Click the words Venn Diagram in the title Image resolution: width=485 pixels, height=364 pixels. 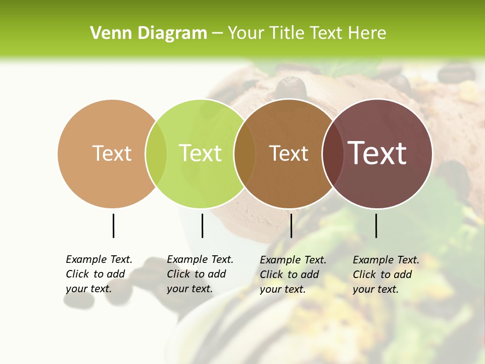pos(149,33)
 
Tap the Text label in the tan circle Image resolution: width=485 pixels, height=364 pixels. pos(112,153)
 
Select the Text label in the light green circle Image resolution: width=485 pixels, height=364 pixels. pos(201,153)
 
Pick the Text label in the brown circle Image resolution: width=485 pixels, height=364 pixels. pos(288,153)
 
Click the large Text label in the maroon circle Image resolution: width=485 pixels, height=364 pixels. pos(377,153)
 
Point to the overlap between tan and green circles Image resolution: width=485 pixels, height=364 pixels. pos(156,154)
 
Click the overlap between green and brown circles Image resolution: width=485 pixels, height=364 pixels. pos(245,154)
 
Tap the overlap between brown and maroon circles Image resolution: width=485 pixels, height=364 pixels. pos(332,154)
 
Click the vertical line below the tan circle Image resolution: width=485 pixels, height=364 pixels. pos(113,225)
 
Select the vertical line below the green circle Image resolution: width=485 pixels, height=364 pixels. pos(202,225)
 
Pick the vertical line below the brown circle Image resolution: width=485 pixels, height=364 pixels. pos(291,225)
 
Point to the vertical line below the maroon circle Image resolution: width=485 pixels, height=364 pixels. pos(376,225)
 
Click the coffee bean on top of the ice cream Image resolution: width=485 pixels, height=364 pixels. pos(292,87)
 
